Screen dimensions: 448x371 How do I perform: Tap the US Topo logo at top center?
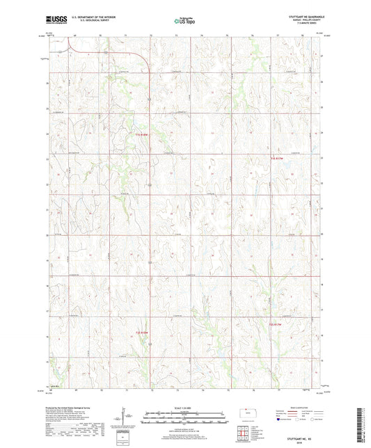184,21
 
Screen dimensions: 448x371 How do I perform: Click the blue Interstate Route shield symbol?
281,419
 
